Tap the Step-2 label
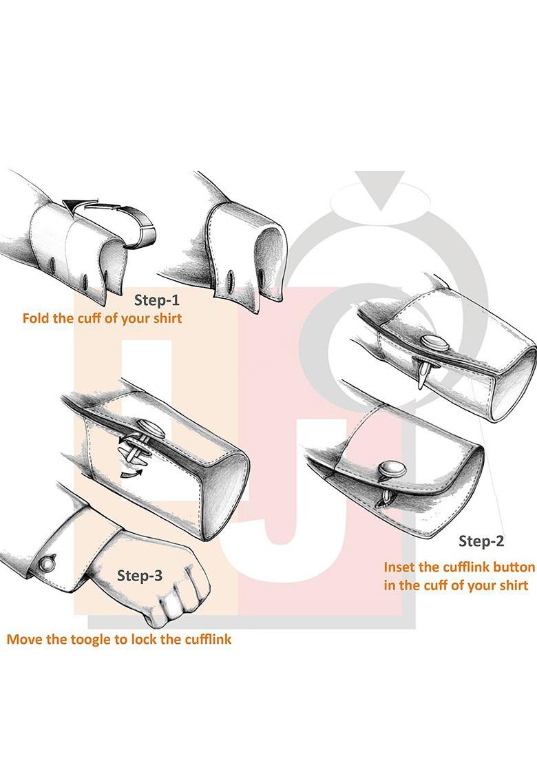click(x=481, y=541)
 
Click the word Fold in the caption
click(x=36, y=319)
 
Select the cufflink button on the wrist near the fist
click(x=46, y=563)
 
